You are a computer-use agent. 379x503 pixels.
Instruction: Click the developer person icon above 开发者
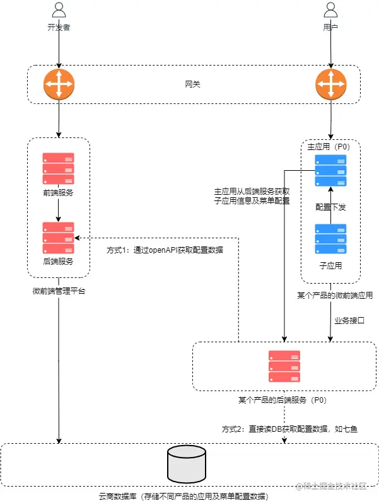click(x=59, y=9)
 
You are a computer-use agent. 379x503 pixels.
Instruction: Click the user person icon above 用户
click(x=330, y=9)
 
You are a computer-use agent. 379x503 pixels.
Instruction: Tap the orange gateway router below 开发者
click(x=59, y=84)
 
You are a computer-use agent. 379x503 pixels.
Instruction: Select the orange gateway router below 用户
click(x=331, y=84)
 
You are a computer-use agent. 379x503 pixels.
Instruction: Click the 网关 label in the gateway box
click(x=192, y=84)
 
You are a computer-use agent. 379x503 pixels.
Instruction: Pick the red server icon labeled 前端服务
click(x=59, y=168)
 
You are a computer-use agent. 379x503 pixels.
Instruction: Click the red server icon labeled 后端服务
click(x=59, y=238)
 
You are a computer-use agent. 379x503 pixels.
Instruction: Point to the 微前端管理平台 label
click(x=59, y=291)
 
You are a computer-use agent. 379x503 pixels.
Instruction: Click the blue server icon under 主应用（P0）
click(x=330, y=170)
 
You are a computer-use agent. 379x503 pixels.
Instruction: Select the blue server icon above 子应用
click(x=330, y=239)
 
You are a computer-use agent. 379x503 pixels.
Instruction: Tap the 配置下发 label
click(x=330, y=207)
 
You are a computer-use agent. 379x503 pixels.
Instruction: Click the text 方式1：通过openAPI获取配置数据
click(x=165, y=250)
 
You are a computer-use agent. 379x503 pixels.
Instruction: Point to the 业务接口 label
click(x=349, y=320)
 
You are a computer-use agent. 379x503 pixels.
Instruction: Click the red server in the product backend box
click(x=284, y=366)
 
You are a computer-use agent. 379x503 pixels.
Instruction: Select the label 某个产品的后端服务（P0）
click(x=283, y=400)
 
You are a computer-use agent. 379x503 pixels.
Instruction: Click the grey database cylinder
click(x=187, y=464)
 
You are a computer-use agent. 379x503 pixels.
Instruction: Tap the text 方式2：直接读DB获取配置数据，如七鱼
click(x=289, y=429)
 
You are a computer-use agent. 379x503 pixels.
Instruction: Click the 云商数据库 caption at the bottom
click(x=184, y=496)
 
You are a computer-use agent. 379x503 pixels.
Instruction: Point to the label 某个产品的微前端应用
click(x=335, y=295)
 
